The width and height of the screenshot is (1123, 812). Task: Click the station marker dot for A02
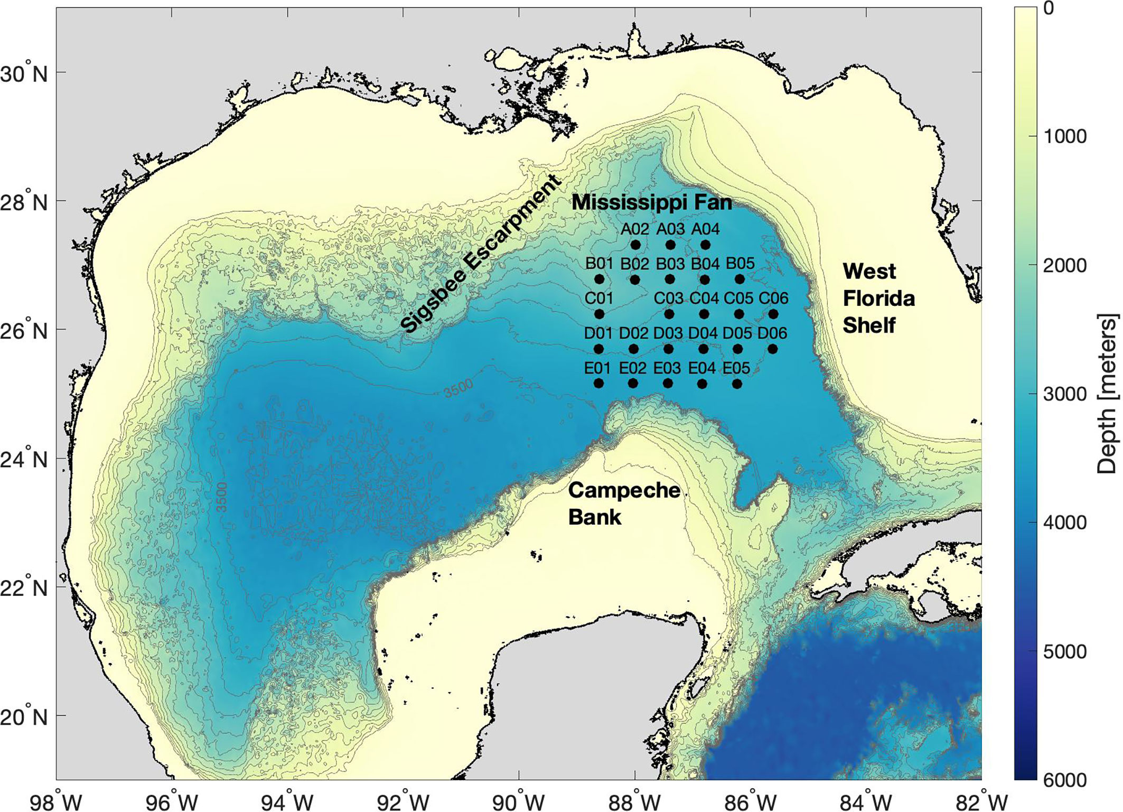[635, 245]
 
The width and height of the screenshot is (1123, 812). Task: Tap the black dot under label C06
[773, 314]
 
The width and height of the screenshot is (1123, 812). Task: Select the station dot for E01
[598, 383]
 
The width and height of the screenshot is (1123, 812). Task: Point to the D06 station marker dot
[772, 349]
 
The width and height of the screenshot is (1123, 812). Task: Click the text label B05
[740, 263]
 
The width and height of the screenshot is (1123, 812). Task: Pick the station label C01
[598, 298]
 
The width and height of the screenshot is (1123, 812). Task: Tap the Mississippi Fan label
[652, 202]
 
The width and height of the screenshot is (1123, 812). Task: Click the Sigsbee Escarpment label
[480, 254]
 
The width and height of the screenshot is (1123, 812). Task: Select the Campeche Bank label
[623, 503]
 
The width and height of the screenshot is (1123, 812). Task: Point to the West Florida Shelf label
[878, 298]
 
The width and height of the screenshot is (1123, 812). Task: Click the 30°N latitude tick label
[24, 74]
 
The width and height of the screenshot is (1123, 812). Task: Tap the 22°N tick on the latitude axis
[24, 588]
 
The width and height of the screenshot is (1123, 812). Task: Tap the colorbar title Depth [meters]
[1107, 394]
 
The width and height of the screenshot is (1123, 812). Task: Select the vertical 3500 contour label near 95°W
[222, 497]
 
